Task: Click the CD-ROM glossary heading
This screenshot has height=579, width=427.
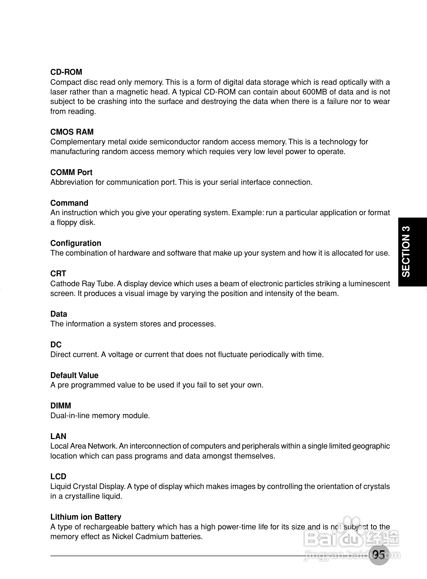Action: coord(66,72)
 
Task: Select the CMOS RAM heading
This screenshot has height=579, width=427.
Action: coord(72,132)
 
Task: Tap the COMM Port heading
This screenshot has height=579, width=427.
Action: coord(71,172)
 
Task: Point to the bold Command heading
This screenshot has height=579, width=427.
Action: coord(69,203)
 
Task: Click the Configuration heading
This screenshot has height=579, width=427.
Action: coord(76,243)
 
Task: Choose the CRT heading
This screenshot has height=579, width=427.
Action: coord(58,274)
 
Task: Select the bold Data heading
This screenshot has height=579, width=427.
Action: coord(59,314)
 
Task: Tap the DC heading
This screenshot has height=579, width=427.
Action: coord(56,345)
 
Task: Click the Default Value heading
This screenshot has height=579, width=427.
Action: coord(75,375)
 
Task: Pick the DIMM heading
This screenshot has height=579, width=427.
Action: coord(60,406)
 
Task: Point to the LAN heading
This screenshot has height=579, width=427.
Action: coord(58,436)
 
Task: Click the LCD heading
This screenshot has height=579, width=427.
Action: coord(58,477)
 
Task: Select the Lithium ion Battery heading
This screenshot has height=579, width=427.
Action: coord(86,517)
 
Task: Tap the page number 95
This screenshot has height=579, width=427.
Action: coord(379,554)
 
